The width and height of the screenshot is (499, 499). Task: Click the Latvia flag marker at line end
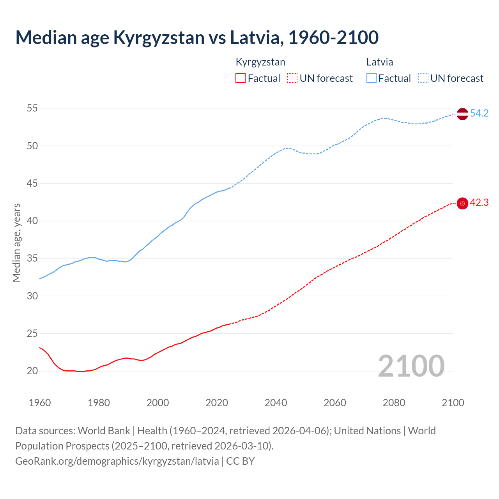[462, 114]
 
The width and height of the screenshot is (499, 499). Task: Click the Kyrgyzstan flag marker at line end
[462, 203]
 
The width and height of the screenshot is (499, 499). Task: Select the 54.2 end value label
[479, 113]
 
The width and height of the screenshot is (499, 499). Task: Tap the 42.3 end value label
[479, 203]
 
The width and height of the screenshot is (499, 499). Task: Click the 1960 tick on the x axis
[40, 403]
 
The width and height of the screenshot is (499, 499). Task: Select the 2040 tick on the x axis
[276, 403]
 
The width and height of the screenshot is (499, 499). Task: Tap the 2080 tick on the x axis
[394, 403]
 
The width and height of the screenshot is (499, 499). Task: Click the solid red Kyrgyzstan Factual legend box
[241, 78]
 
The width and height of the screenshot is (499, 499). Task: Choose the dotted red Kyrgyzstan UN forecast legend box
[292, 78]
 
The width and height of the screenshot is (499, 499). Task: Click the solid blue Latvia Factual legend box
[371, 78]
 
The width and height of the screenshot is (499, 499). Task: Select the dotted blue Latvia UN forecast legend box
[423, 78]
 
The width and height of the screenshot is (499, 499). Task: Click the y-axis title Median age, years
[16, 242]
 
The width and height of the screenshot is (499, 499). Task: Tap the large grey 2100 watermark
[411, 366]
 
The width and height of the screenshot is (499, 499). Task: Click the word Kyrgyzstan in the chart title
[159, 37]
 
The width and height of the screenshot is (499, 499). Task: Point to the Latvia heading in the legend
[379, 62]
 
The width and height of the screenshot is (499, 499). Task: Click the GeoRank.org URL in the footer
[117, 461]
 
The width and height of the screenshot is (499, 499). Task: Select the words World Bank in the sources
[104, 431]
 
